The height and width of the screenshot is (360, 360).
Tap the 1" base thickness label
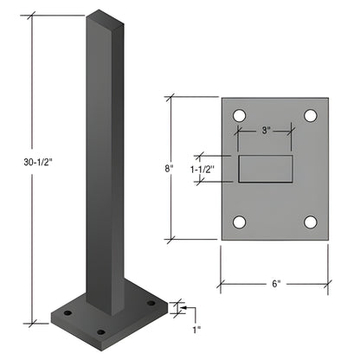(x=196, y=329)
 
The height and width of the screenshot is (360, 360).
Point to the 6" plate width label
(x=275, y=282)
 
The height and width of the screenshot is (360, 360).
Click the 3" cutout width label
(x=265, y=132)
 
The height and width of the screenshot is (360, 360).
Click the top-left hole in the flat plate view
(x=239, y=114)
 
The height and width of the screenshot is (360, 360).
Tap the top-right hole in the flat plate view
(x=311, y=114)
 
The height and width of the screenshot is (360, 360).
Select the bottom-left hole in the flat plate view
(x=239, y=222)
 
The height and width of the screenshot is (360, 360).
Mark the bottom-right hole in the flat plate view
(x=311, y=222)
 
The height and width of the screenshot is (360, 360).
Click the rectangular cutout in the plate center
(x=265, y=169)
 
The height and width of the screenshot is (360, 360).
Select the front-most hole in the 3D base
(x=100, y=331)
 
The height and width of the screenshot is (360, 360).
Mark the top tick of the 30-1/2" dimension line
(x=34, y=15)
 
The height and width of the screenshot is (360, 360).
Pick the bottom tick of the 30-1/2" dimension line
(x=34, y=322)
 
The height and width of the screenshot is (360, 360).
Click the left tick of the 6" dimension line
(x=220, y=282)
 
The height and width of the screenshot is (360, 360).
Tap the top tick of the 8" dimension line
(x=171, y=98)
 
